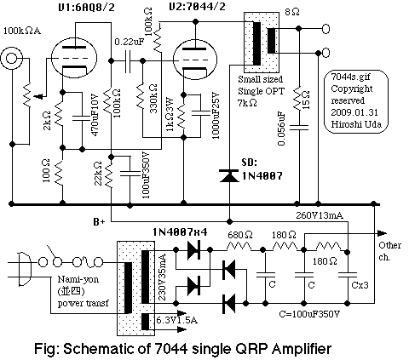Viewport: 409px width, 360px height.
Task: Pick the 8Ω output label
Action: (x=291, y=13)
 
